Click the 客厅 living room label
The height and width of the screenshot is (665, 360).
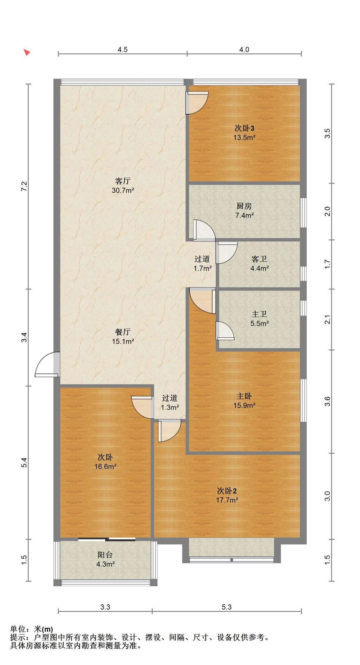tap(123, 181)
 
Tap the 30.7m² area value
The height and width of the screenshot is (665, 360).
tap(123, 190)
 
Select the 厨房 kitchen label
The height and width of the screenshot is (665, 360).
tap(244, 206)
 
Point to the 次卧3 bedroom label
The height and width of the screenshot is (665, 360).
tap(244, 128)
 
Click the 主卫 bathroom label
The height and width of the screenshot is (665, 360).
tap(259, 314)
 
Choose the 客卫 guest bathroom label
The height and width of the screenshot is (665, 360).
tap(259, 259)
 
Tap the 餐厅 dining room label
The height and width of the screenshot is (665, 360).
tap(123, 332)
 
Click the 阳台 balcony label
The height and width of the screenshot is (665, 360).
tap(105, 555)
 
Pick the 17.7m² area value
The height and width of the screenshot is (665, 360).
tap(227, 500)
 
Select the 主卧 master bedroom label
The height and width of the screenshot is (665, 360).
tap(244, 396)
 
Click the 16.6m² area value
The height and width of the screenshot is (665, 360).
tap(105, 467)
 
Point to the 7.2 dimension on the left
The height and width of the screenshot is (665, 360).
tap(24, 186)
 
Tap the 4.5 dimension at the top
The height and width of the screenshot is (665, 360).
tap(123, 50)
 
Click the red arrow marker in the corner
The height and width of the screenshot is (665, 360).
tap(27, 52)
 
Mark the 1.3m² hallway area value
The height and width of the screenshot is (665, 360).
tap(170, 408)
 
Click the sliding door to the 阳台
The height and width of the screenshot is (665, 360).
tap(107, 539)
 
